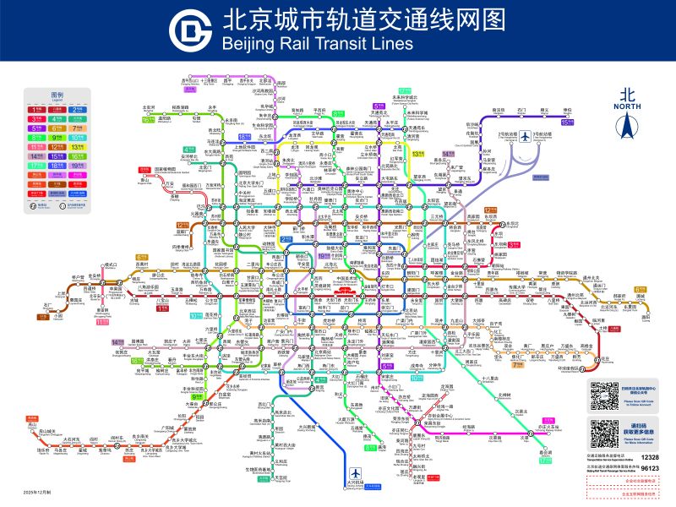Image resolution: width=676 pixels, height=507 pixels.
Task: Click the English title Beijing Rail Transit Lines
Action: point(316,44)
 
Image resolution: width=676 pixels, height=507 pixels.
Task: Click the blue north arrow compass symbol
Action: point(626,126)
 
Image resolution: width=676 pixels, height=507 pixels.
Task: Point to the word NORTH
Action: point(626,106)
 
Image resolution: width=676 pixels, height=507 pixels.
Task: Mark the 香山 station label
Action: point(144,178)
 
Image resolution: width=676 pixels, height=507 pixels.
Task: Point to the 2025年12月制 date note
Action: point(38,491)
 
